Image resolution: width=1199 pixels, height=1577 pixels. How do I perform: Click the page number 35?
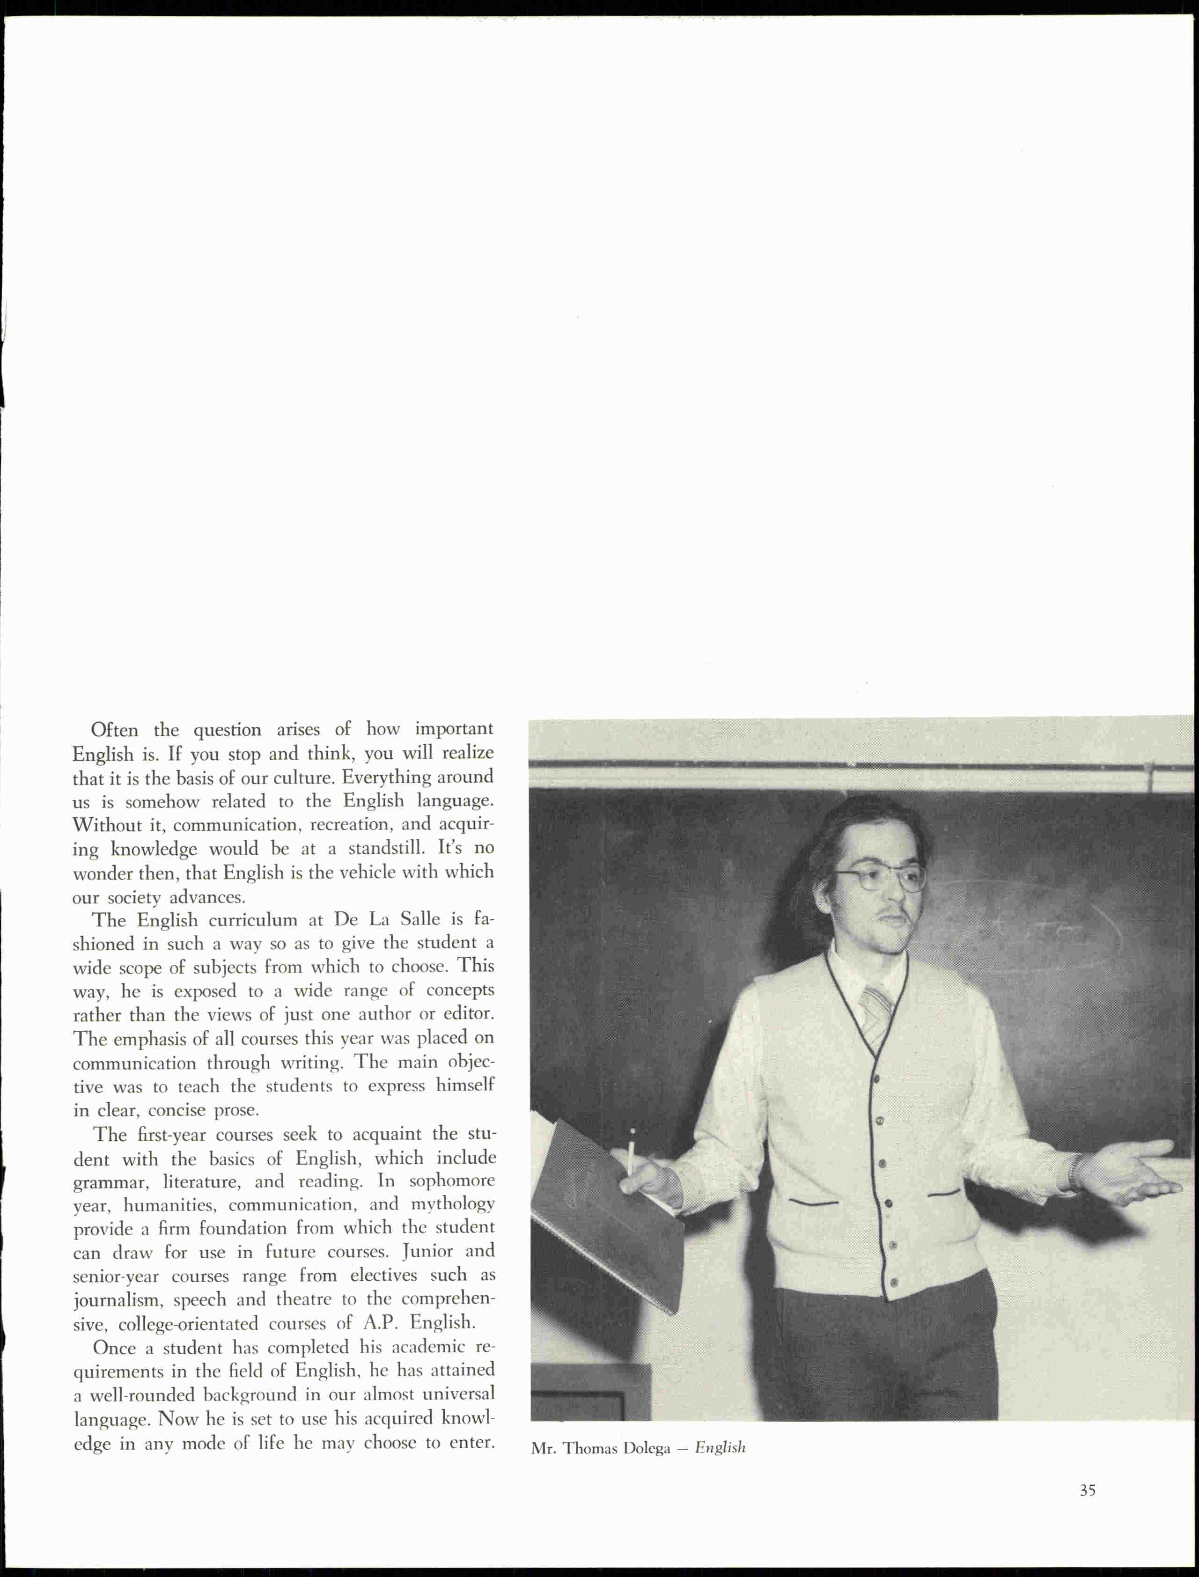coord(1087,1490)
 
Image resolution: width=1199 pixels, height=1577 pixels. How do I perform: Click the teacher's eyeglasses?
coord(882,879)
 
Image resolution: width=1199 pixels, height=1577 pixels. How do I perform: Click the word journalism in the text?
coord(113,1300)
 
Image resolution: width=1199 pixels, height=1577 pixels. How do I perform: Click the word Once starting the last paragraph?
coord(113,1347)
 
